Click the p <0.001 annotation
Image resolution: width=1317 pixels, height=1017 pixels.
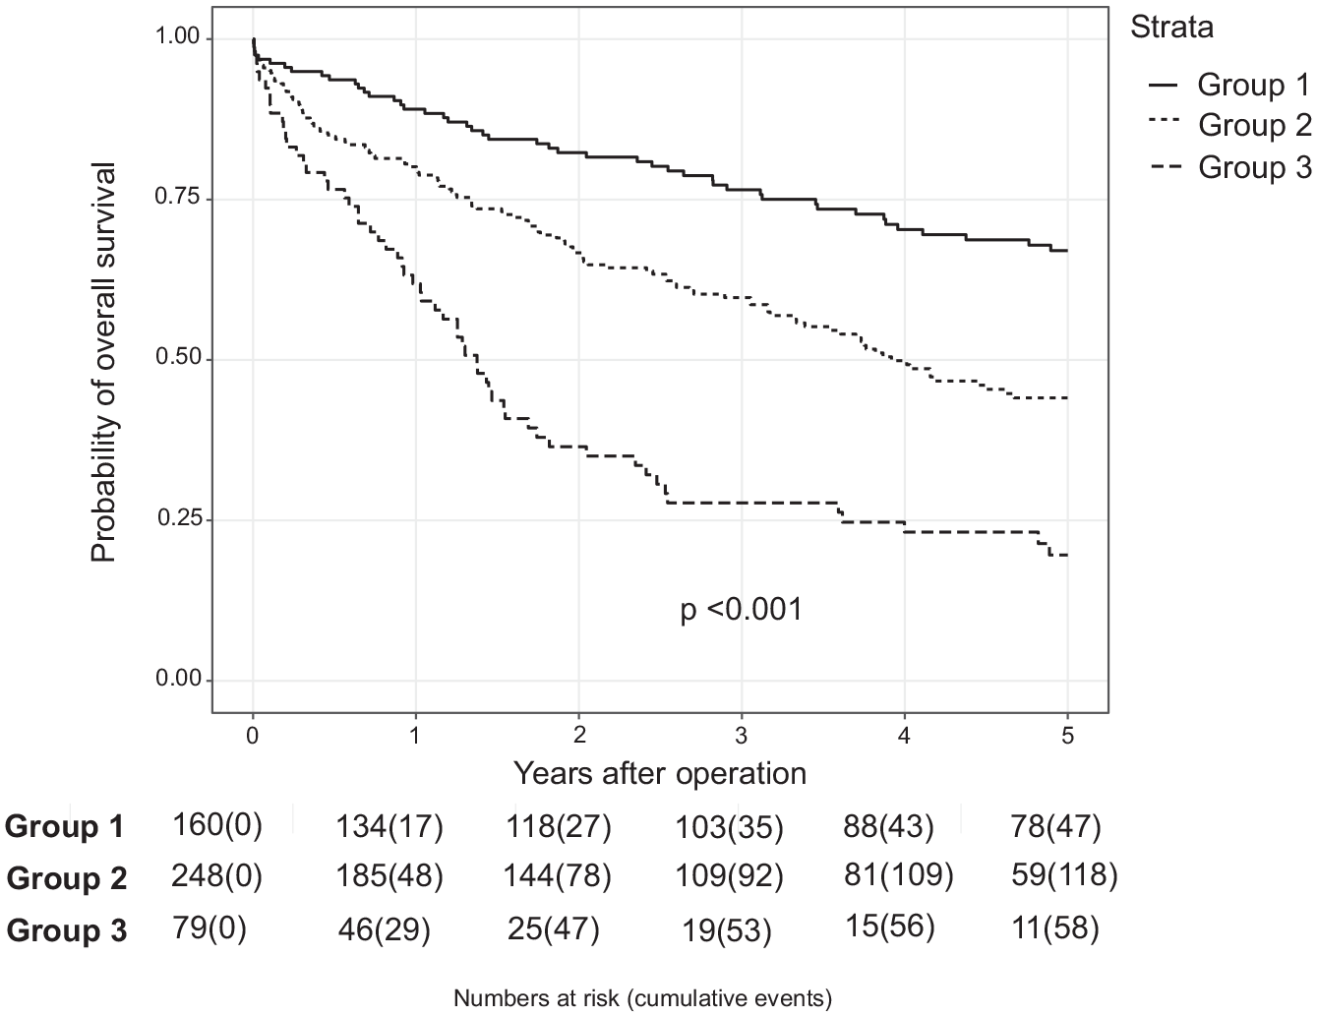click(x=742, y=609)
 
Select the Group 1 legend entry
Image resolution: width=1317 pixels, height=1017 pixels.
click(x=1229, y=85)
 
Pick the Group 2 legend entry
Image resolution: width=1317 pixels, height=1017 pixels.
click(x=1229, y=126)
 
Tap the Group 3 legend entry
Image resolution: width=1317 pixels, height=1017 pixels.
click(x=1229, y=166)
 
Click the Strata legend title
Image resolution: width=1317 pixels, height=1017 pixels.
click(x=1171, y=28)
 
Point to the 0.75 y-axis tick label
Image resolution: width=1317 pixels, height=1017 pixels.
click(x=177, y=198)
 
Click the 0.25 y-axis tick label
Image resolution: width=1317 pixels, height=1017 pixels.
click(x=177, y=518)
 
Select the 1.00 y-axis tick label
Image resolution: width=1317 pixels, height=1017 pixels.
click(x=177, y=37)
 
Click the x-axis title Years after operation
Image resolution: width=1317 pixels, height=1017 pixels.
click(x=660, y=774)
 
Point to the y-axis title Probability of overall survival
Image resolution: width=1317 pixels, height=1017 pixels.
click(x=103, y=362)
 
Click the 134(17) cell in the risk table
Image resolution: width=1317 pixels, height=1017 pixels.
click(x=389, y=826)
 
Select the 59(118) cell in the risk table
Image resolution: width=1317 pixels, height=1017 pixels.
click(x=1064, y=875)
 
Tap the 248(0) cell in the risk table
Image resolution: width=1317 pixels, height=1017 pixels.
click(x=216, y=876)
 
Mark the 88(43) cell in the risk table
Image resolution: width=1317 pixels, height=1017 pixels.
click(x=888, y=826)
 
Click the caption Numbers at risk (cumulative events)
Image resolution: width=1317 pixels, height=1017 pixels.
click(x=643, y=998)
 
